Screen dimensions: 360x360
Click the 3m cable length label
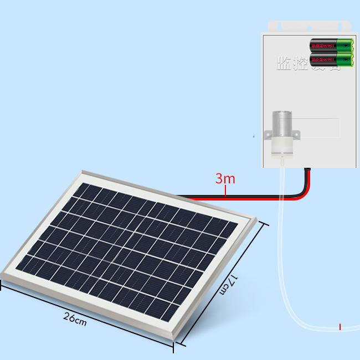225,179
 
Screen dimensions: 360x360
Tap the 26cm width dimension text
75,318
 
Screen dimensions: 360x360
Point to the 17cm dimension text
228,284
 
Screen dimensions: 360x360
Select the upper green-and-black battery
331,44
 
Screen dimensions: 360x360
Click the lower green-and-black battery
331,59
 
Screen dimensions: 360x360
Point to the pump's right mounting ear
296,133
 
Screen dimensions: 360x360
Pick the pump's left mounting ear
268,133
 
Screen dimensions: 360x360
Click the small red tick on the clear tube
340,327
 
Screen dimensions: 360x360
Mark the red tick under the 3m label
225,191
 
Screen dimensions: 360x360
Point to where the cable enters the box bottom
307,169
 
